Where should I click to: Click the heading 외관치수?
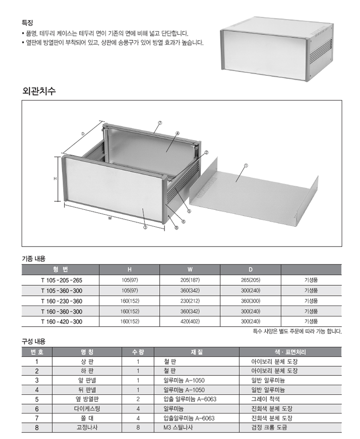point(39,91)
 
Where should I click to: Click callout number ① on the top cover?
point(246,166)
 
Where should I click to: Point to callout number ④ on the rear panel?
point(178,133)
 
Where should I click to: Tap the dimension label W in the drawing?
point(110,218)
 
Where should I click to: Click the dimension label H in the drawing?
point(55,179)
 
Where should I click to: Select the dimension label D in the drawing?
point(82,134)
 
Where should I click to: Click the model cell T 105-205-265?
point(61,280)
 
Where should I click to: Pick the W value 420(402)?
point(190,322)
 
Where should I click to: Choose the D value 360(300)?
point(251,301)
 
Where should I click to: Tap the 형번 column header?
point(61,269)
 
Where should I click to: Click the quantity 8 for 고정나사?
point(138,427)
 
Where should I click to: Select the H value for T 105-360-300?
point(130,290)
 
